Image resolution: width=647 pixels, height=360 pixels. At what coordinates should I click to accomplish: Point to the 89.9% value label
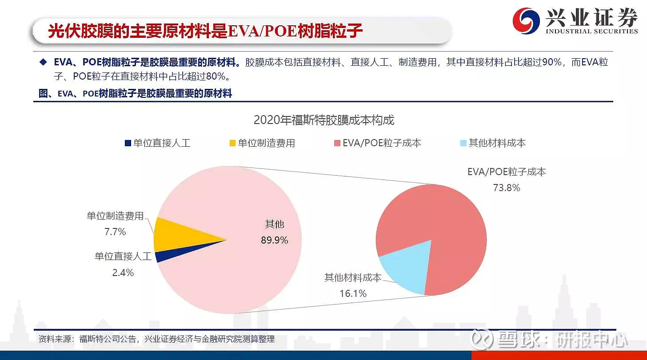click(274, 240)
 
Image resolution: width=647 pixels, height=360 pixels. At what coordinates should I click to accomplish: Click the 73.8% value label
click(506, 188)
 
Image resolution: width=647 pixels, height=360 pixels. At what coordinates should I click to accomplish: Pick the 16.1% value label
click(353, 293)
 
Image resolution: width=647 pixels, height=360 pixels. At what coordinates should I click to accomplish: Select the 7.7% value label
click(115, 232)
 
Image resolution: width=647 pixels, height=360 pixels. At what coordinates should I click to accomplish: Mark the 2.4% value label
click(123, 272)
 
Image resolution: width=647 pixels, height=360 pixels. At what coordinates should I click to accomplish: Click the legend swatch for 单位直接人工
click(128, 143)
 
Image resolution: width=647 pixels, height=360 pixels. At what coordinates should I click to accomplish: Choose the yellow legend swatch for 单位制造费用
click(232, 143)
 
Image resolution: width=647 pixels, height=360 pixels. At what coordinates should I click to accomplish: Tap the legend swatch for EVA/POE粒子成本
click(337, 143)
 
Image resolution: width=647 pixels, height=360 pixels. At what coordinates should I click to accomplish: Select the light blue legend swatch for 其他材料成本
click(463, 143)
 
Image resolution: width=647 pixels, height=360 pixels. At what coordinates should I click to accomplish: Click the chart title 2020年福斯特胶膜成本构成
click(323, 120)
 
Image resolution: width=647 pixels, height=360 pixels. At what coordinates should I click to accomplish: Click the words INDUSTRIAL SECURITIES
click(591, 31)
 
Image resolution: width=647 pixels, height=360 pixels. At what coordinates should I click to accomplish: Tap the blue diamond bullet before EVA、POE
click(43, 62)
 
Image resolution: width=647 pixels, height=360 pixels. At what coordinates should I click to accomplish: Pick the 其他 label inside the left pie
click(274, 224)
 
